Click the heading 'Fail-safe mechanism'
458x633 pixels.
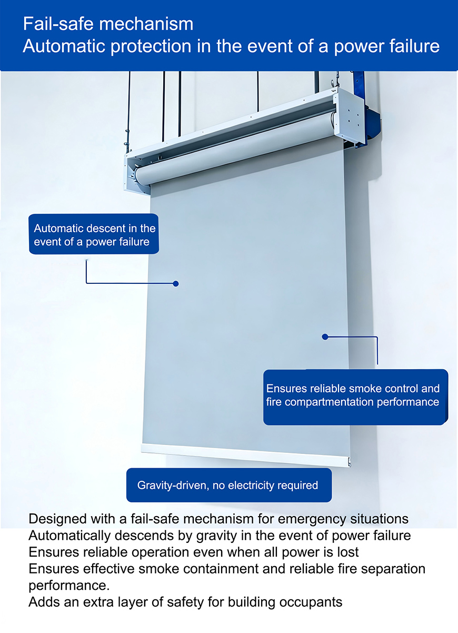click(108, 24)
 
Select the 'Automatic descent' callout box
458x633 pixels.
click(94, 235)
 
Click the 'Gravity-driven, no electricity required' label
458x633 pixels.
click(228, 485)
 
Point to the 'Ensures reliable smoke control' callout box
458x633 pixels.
click(355, 396)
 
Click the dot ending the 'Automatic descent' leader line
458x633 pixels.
click(176, 283)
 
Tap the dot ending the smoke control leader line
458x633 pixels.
click(325, 337)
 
